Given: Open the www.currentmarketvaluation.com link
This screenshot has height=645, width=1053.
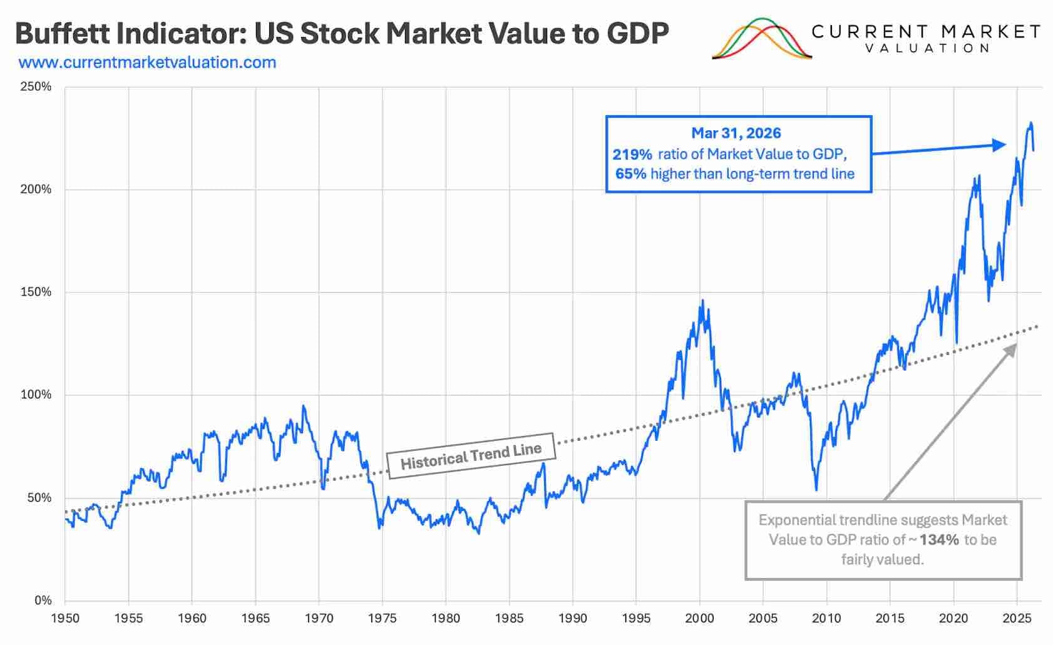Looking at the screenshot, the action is [147, 63].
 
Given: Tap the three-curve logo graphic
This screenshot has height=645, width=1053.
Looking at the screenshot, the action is [761, 39].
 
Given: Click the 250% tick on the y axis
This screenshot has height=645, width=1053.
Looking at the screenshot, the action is [36, 86].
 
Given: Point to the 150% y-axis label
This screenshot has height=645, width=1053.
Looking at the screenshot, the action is [36, 292].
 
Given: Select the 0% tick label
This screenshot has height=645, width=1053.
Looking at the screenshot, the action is [43, 601].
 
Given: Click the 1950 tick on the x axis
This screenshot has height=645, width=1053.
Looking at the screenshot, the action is [65, 618].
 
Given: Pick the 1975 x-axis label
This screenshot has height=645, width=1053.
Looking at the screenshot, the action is [382, 618].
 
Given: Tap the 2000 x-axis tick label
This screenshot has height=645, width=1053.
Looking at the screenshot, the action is [699, 618].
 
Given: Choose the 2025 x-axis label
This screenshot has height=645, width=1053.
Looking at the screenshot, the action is [1017, 618].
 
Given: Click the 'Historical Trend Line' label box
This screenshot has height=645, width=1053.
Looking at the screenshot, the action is [471, 456].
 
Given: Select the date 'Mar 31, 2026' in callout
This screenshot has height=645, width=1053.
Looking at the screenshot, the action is [736, 133].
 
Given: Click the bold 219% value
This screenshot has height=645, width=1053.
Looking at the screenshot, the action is [632, 154].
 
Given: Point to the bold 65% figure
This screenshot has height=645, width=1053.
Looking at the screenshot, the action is [631, 174].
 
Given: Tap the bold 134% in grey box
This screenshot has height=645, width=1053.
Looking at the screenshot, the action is [939, 540].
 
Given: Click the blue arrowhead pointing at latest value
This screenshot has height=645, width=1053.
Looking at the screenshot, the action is [999, 145].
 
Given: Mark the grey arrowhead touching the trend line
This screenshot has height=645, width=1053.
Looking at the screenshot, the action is [1010, 350].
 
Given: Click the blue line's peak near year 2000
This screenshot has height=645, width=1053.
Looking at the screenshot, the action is [703, 300].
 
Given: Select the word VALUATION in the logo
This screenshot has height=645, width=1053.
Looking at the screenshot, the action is [928, 48].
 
